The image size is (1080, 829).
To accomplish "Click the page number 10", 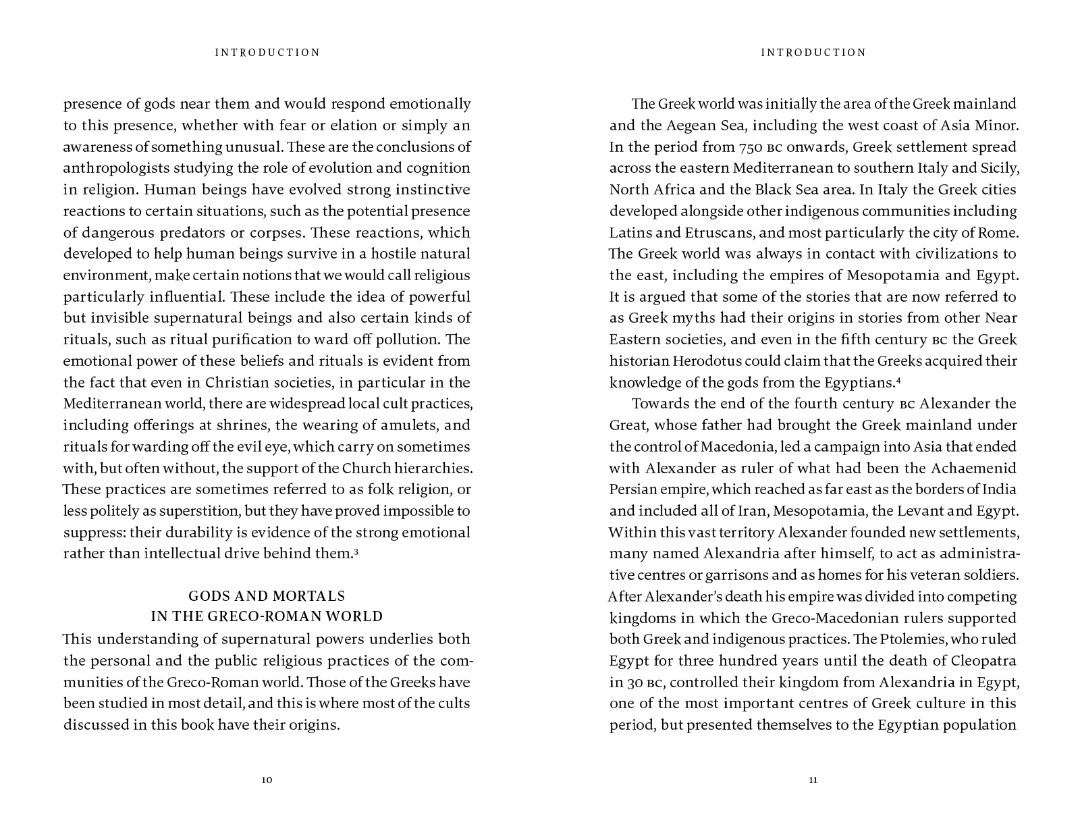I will (x=267, y=780).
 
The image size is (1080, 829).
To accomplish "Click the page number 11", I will (x=813, y=780).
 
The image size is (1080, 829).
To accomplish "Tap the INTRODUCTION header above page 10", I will (x=267, y=53).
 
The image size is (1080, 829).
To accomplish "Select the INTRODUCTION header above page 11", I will (x=813, y=53).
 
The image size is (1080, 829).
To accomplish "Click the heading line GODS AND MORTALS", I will (x=267, y=596).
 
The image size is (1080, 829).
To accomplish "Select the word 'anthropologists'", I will (x=114, y=168).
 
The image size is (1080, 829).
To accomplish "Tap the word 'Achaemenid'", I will (x=973, y=469).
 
